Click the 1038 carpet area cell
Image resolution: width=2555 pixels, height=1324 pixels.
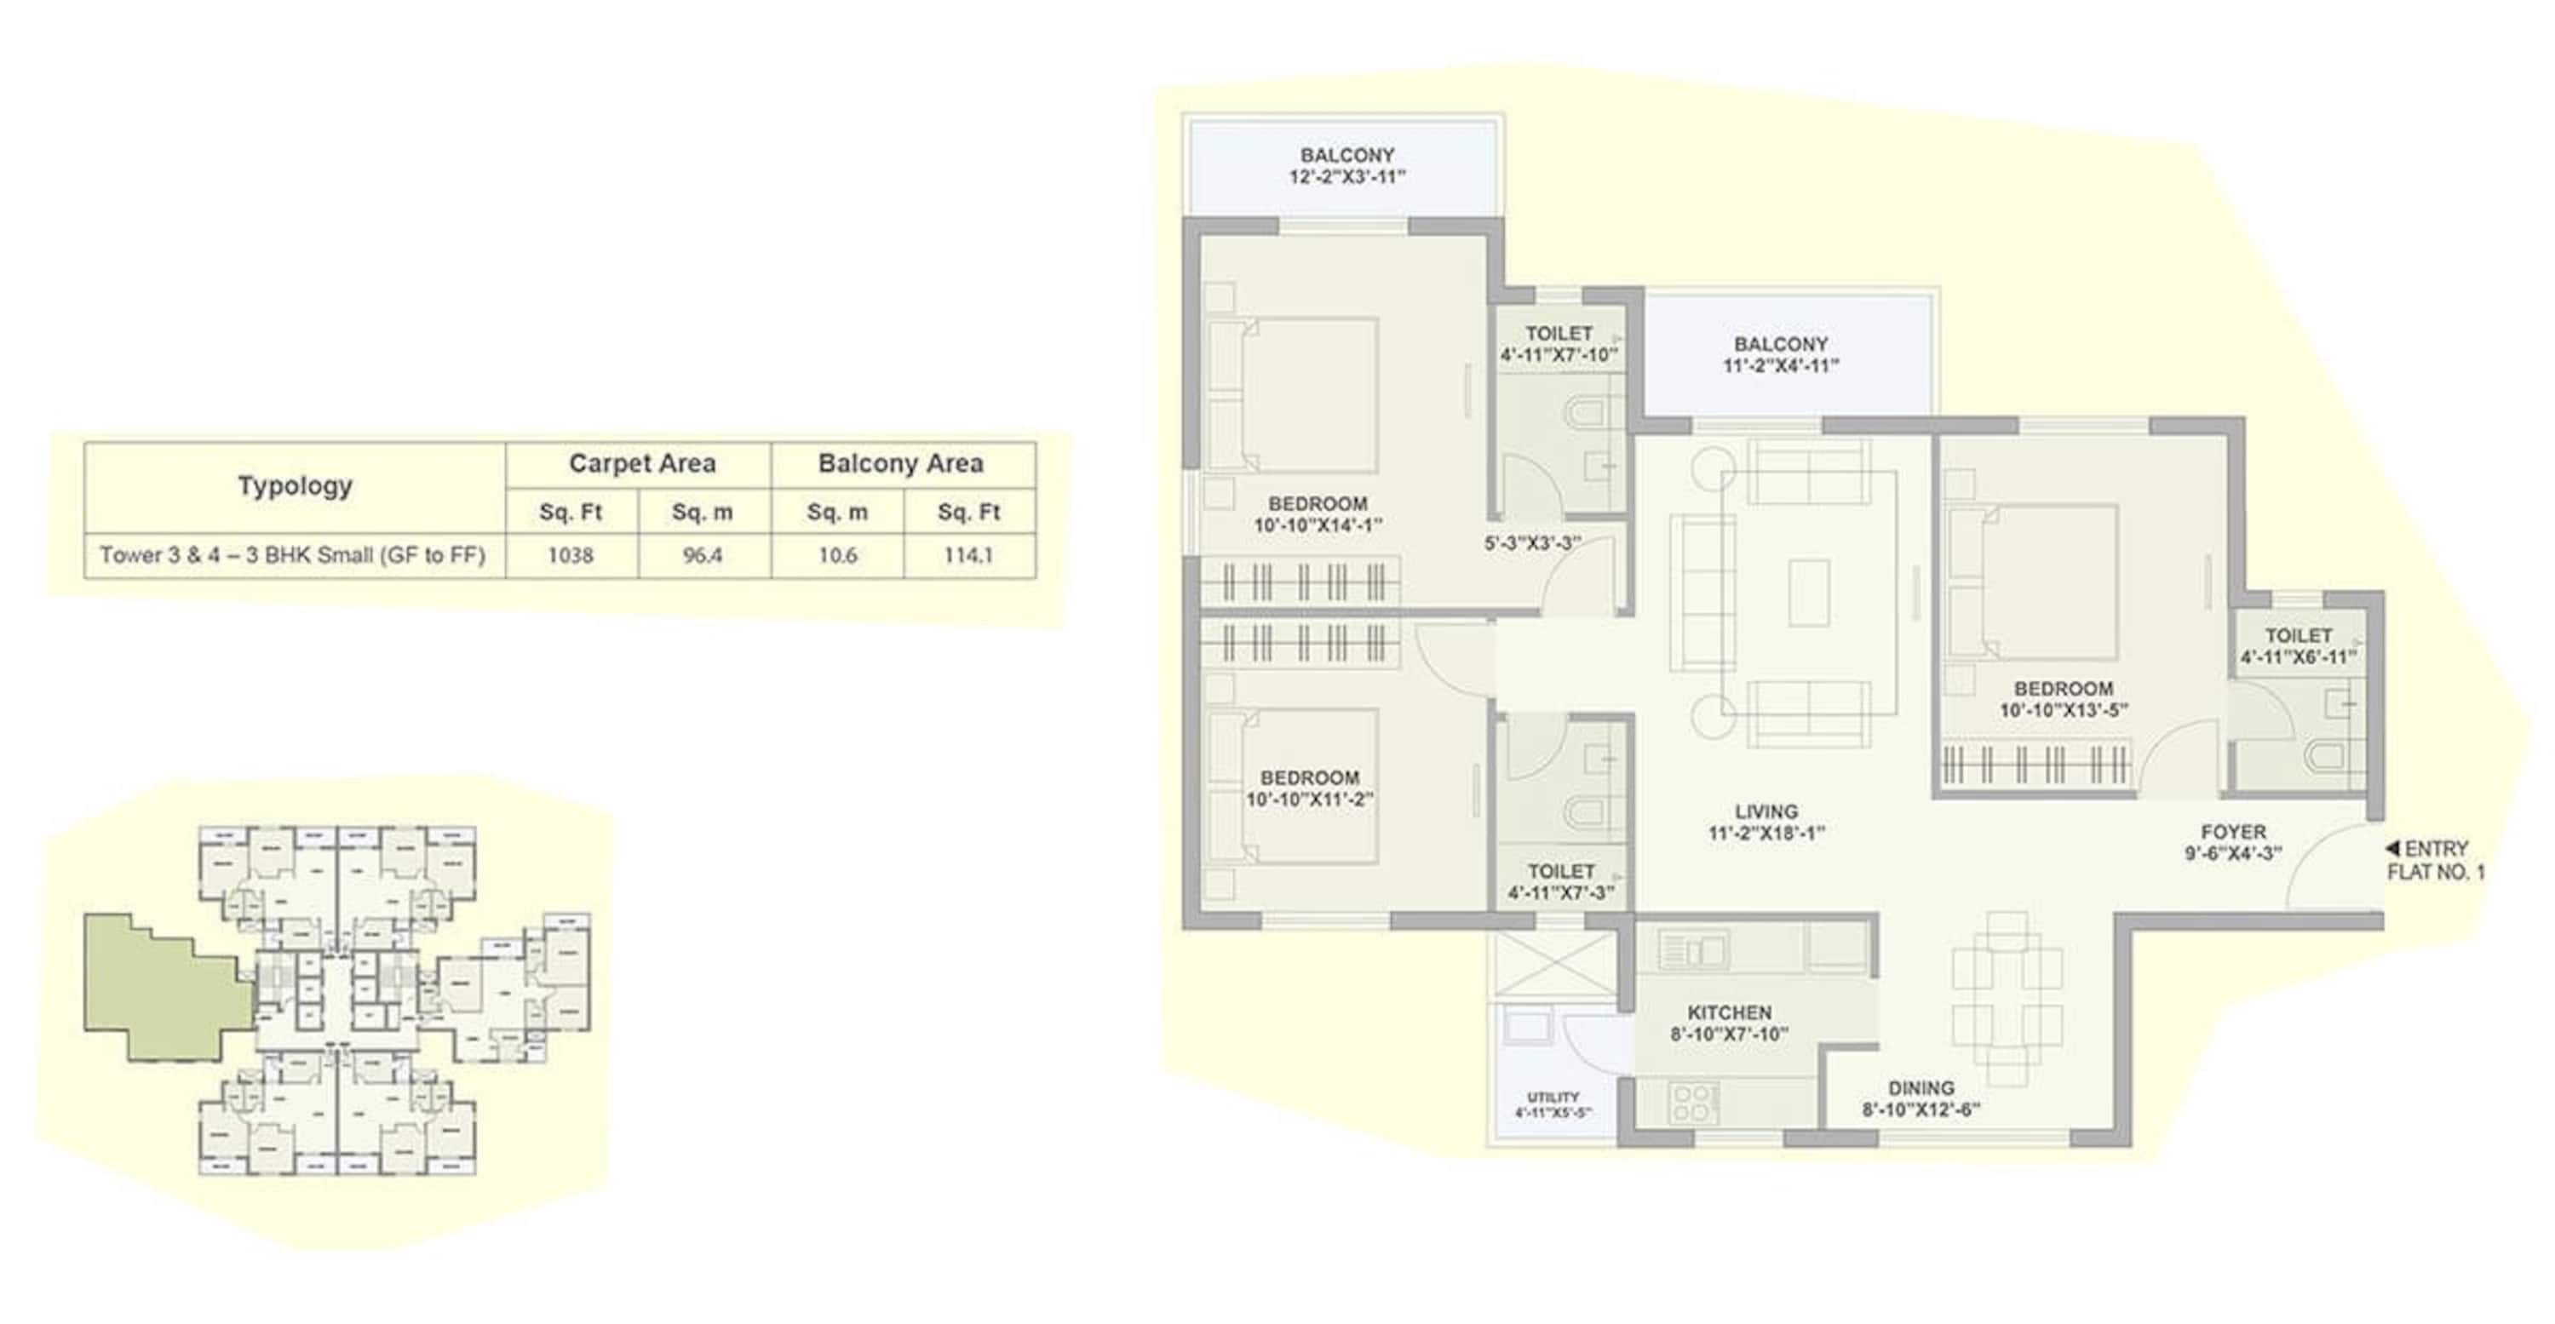click(x=571, y=555)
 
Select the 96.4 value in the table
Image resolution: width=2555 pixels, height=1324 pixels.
click(x=703, y=555)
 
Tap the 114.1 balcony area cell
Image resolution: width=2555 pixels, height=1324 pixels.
click(x=968, y=555)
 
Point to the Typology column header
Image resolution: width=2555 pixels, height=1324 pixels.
click(x=295, y=486)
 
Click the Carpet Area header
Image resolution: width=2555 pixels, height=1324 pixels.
click(x=641, y=463)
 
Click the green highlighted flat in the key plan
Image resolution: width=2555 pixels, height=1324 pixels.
click(x=164, y=987)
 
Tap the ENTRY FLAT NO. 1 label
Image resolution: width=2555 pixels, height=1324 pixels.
click(x=2436, y=860)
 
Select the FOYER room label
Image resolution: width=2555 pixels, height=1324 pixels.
click(x=2233, y=832)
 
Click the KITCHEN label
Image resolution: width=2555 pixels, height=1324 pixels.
click(x=1729, y=1012)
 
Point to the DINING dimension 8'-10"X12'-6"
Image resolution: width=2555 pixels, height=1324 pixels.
click(x=1921, y=1109)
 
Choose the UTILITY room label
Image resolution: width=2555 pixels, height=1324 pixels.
click(x=1553, y=1097)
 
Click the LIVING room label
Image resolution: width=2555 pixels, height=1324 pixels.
click(x=1766, y=811)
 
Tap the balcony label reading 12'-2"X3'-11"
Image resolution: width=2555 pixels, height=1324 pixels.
click(x=1347, y=176)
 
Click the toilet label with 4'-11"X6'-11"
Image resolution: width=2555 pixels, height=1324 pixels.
click(x=2298, y=656)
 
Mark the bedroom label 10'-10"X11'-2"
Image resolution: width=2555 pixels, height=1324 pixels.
click(x=1309, y=800)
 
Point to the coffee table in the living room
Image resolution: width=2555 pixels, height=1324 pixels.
click(x=1809, y=592)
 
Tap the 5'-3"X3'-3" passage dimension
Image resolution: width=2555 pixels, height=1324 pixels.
click(x=1532, y=543)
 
